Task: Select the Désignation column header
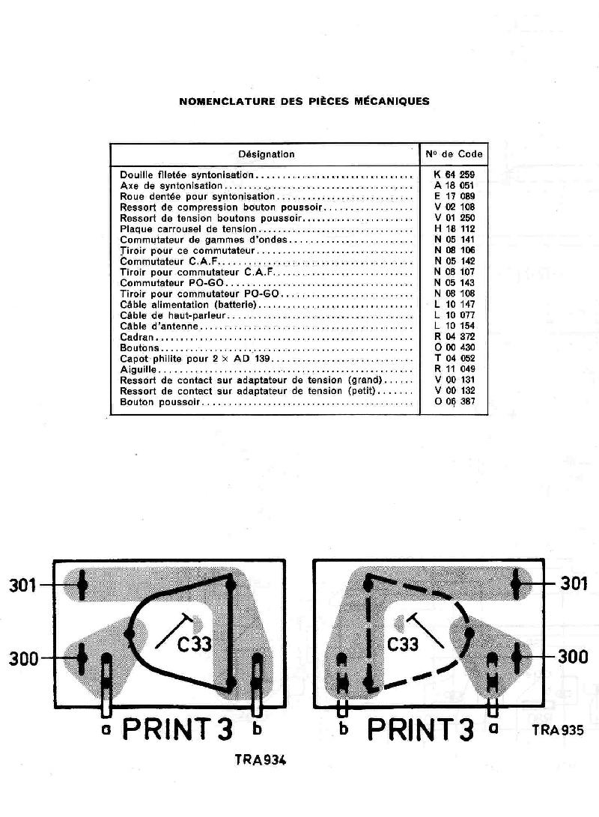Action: (267, 154)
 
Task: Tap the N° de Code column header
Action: (454, 154)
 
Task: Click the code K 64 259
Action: (454, 174)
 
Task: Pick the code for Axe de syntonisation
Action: (454, 185)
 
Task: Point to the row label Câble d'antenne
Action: (160, 327)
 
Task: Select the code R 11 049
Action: (454, 370)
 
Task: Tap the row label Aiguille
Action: (140, 370)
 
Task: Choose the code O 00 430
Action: (454, 348)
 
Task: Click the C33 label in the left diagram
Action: (194, 645)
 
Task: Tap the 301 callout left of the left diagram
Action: (22, 584)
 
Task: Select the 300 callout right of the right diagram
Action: (573, 657)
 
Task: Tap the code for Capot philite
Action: (454, 359)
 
